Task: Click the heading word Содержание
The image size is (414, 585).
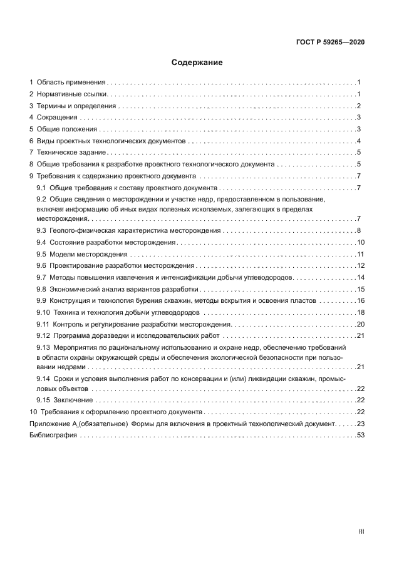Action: [x=197, y=63]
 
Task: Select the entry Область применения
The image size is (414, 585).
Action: [x=71, y=83]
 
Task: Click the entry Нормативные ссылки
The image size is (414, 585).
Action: [x=72, y=94]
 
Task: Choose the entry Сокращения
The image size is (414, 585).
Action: [x=57, y=117]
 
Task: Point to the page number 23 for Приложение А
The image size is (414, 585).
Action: [x=360, y=424]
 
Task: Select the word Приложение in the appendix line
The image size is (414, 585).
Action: [x=49, y=424]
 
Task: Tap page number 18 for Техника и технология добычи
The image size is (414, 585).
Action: [x=360, y=312]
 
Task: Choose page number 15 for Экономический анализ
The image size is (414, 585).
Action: [x=360, y=289]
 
